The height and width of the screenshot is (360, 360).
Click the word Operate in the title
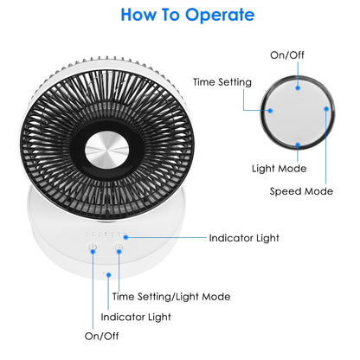tap(220, 16)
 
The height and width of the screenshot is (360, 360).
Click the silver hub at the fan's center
tap(106, 150)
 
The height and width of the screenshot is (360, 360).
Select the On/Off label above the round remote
tap(287, 55)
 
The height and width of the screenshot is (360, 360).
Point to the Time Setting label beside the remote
tap(222, 82)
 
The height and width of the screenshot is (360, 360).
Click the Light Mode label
tap(280, 169)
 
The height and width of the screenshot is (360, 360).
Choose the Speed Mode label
tap(301, 191)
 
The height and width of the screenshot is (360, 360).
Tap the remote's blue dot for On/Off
tap(298, 87)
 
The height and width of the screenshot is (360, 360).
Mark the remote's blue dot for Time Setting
tap(270, 111)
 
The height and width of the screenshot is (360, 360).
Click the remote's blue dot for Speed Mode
tap(326, 109)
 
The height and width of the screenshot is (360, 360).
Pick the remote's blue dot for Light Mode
tap(298, 145)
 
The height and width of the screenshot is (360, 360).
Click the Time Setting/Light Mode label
tap(171, 297)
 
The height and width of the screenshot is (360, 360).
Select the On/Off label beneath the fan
tap(102, 336)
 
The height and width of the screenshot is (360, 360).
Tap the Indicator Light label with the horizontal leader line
tap(244, 238)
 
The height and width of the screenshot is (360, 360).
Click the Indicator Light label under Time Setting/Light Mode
tap(136, 317)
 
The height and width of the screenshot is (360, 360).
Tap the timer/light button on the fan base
tap(119, 247)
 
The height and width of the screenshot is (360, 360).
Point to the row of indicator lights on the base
tap(106, 233)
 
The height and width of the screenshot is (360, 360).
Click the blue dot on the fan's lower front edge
tap(109, 275)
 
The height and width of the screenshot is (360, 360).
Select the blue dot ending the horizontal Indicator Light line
tap(125, 237)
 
